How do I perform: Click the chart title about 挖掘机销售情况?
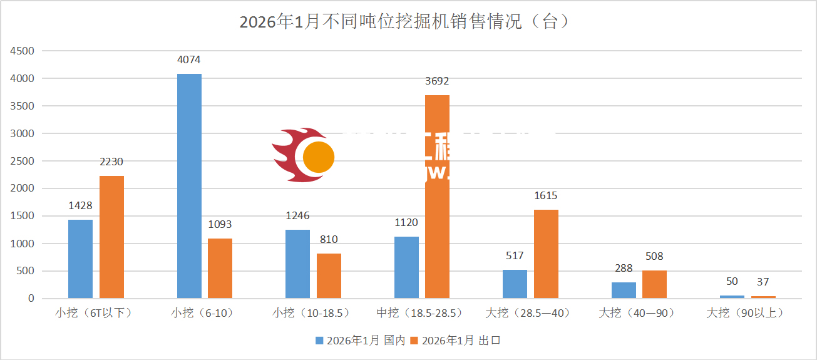tap(404, 22)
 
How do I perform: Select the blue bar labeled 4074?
tap(189, 186)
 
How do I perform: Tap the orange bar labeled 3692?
tap(437, 197)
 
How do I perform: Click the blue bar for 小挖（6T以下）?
tap(80, 259)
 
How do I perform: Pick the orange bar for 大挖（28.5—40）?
tap(546, 254)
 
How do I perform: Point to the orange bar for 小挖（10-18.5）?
tap(329, 275)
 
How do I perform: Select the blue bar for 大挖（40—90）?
tap(624, 290)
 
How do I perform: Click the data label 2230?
tap(111, 162)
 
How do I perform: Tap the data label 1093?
tap(220, 224)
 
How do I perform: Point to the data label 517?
tap(515, 255)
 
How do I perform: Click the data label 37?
tap(763, 282)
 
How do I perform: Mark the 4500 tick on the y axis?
tap(22, 51)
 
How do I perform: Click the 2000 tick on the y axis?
tap(22, 188)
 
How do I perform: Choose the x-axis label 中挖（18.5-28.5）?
tap(419, 312)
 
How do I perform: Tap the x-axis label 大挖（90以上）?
tap(745, 312)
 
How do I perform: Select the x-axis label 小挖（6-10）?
tap(202, 312)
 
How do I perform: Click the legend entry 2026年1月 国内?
tap(361, 341)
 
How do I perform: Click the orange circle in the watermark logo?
tap(319, 157)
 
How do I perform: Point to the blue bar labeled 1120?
tap(406, 267)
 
